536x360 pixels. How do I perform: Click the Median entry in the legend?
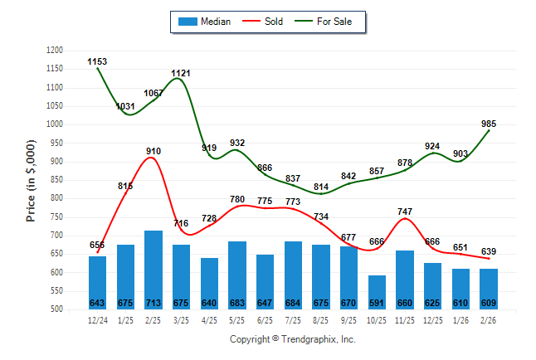(x=204, y=22)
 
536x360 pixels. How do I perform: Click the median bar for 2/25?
(x=153, y=270)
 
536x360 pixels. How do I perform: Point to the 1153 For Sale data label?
(x=97, y=61)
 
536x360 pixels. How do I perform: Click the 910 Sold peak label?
(x=153, y=151)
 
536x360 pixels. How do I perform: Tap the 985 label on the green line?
(x=490, y=124)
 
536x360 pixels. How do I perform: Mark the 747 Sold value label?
(x=405, y=212)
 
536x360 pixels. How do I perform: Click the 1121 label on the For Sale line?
(x=181, y=74)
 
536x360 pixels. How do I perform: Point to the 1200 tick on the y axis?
(x=55, y=51)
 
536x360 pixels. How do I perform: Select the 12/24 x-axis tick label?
(x=97, y=320)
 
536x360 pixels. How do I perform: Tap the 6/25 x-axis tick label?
(x=265, y=320)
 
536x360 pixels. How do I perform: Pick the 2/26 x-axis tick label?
(x=489, y=320)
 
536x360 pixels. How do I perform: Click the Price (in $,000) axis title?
(x=31, y=179)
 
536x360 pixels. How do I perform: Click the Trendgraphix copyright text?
(x=292, y=339)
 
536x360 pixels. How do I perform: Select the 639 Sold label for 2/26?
(x=490, y=251)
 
